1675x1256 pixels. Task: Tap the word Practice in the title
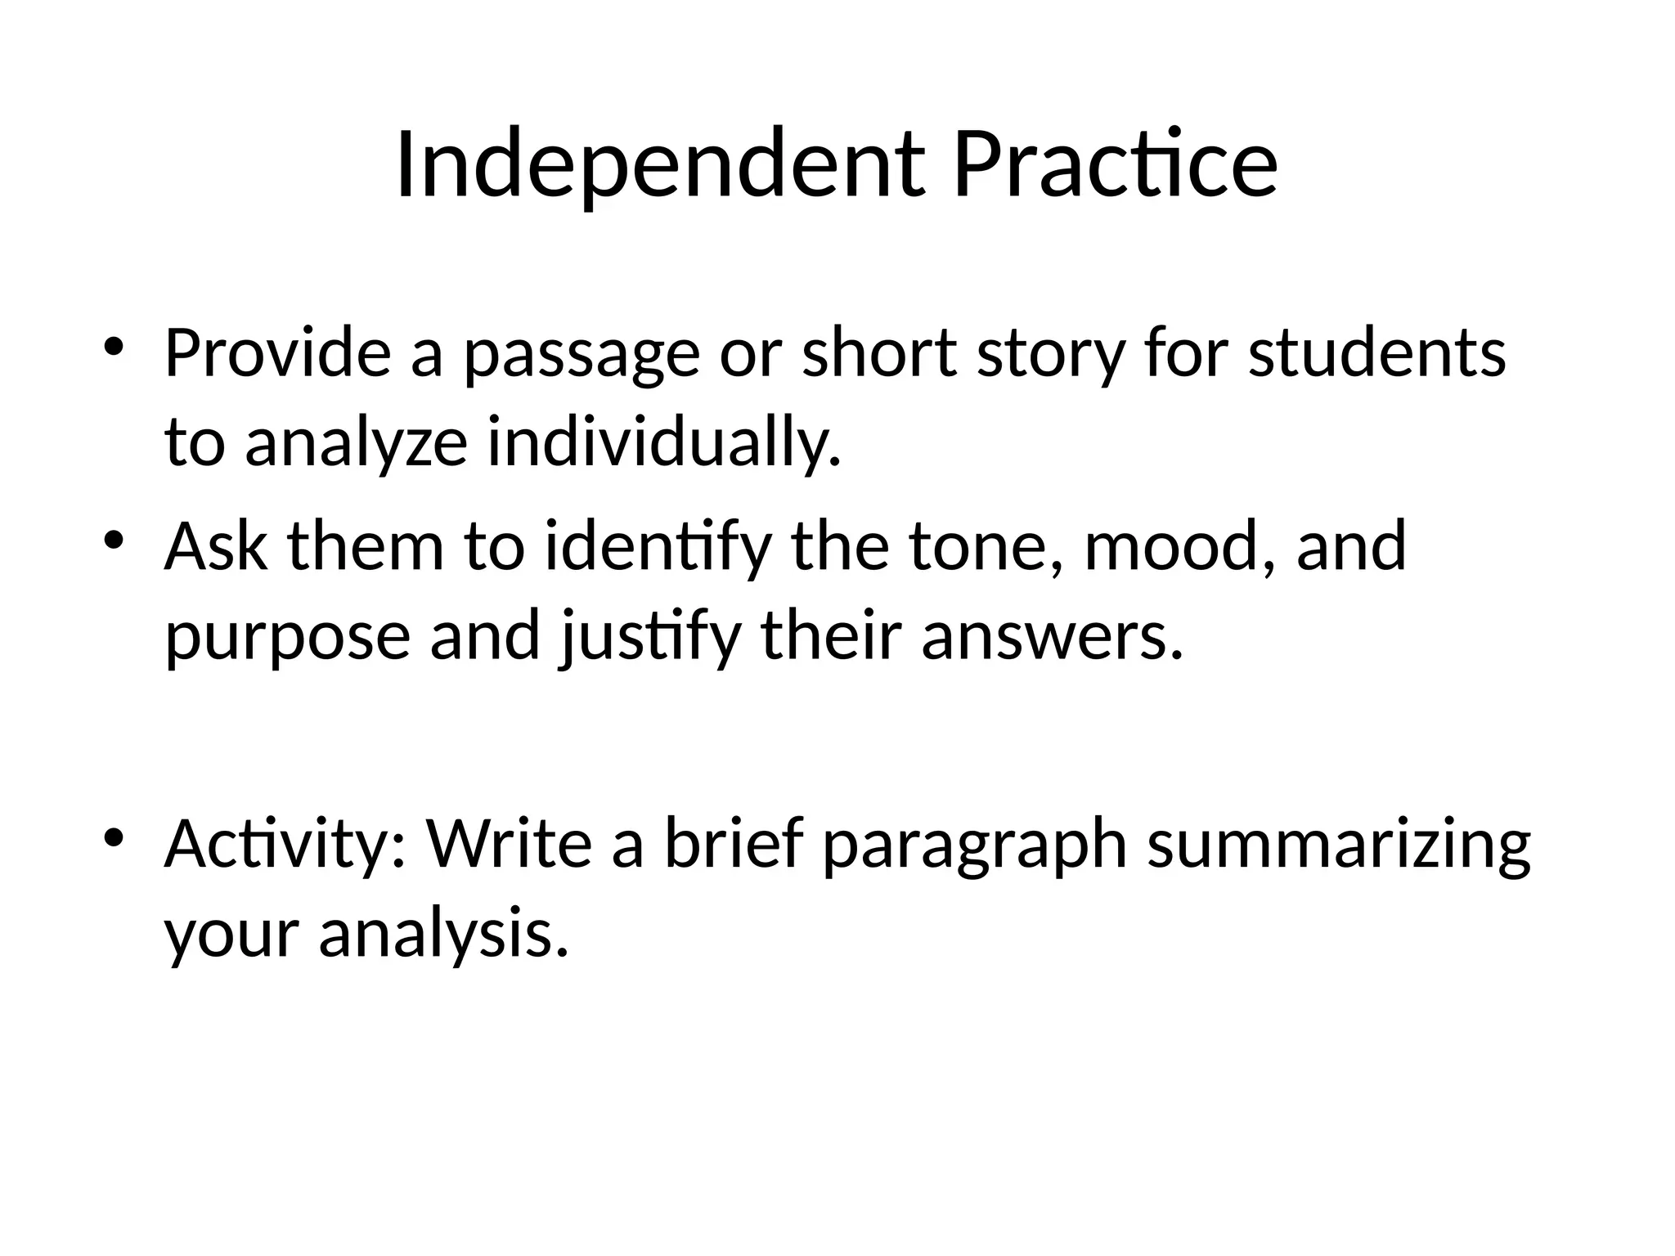click(1115, 166)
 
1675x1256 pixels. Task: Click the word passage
click(582, 356)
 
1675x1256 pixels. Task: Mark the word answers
click(1052, 638)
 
